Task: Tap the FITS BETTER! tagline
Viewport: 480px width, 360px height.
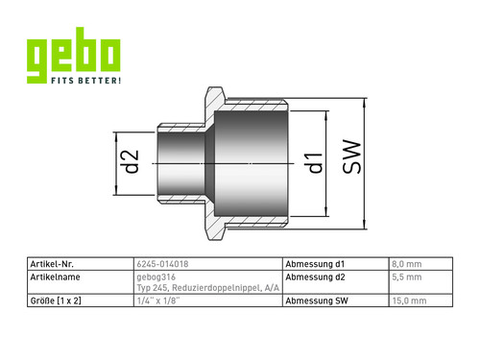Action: (x=86, y=80)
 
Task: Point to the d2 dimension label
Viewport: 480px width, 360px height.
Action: (x=132, y=161)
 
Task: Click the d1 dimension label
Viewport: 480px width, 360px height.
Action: (x=316, y=163)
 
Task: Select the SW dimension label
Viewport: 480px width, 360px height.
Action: (x=351, y=156)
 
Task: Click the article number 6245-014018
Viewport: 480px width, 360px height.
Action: (x=162, y=264)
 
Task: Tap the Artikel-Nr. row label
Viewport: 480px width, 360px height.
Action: (x=52, y=264)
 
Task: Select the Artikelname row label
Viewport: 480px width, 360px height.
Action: (x=55, y=276)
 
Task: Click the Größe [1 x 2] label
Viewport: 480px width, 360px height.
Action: (x=56, y=300)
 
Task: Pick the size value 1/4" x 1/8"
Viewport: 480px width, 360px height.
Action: (x=158, y=300)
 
